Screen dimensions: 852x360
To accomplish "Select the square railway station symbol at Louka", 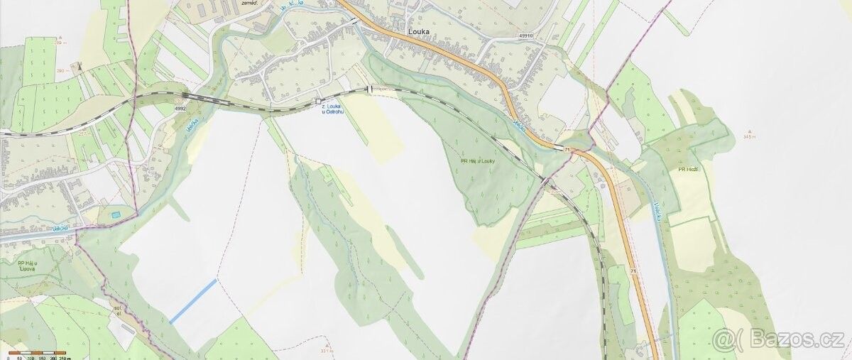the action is [x=319, y=102].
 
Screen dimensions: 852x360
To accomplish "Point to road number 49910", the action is [x=527, y=34].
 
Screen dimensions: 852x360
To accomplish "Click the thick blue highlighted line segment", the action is [x=193, y=301].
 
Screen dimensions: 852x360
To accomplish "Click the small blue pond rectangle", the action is [x=116, y=214].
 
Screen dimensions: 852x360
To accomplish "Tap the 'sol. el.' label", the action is [x=118, y=310].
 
